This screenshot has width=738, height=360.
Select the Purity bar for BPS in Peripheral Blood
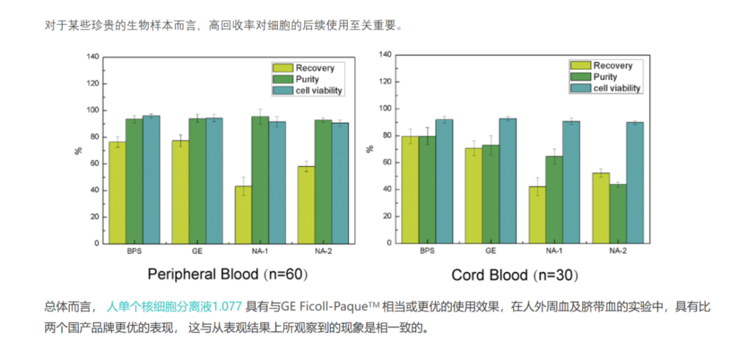tap(134, 181)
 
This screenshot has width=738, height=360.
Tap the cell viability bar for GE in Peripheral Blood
tap(215, 180)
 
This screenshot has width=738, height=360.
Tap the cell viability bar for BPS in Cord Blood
tap(444, 181)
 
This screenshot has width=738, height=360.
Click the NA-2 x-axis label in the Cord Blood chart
tap(618, 250)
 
